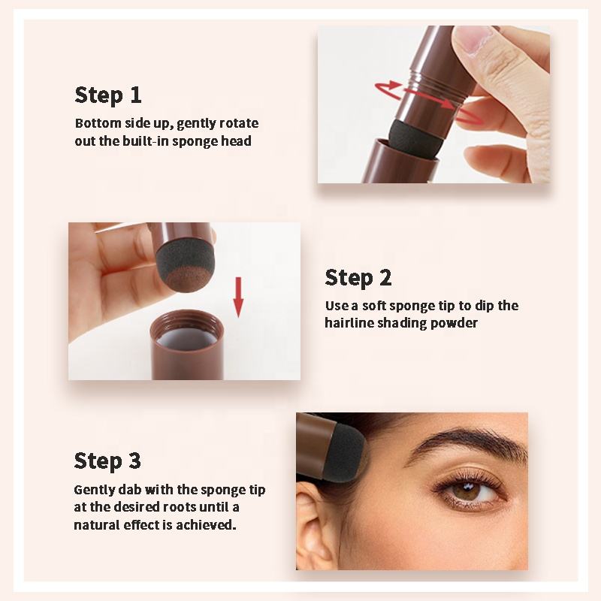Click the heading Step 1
tap(108, 95)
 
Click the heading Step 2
tap(358, 278)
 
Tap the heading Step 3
tap(107, 461)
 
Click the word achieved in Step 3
tap(206, 524)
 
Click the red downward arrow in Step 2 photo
tap(238, 297)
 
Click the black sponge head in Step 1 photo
tap(415, 138)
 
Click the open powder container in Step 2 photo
tap(187, 344)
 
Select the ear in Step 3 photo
tap(313, 527)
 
